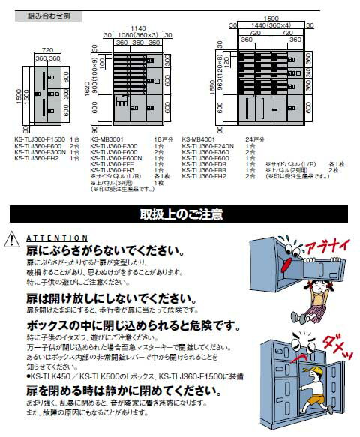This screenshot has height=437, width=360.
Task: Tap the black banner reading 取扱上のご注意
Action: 181,215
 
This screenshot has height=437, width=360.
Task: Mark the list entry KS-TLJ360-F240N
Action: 208,145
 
